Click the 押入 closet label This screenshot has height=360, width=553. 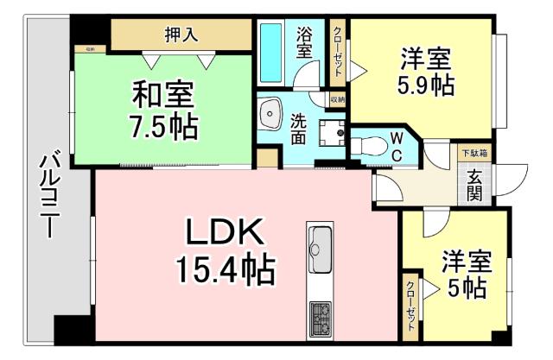[x=181, y=35]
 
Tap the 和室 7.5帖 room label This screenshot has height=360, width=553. [x=163, y=110]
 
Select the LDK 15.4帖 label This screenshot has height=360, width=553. [x=226, y=251]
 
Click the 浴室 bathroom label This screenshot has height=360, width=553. [x=304, y=43]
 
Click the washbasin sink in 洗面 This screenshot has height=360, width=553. [x=270, y=113]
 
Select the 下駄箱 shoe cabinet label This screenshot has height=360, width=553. [x=473, y=153]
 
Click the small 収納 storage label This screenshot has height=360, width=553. [x=338, y=99]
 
